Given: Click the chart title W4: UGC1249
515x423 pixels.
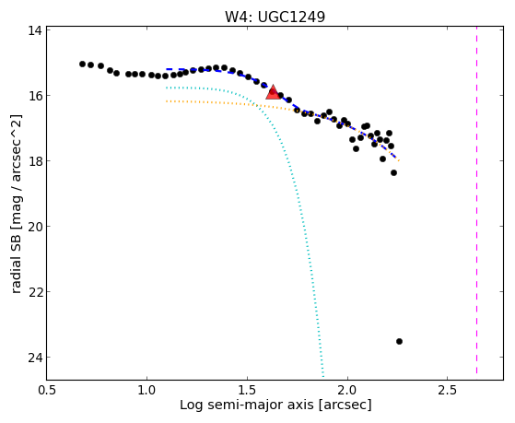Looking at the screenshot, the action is (275, 17).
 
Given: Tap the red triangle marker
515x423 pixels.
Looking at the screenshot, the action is (273, 92).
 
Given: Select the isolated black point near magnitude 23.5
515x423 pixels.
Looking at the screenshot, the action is (399, 342).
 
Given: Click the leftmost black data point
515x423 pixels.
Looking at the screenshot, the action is (82, 64).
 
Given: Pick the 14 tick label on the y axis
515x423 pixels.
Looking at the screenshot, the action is (34, 30).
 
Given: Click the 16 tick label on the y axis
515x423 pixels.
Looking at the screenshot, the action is (34, 96).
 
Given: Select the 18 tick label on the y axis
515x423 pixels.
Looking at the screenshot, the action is (34, 161).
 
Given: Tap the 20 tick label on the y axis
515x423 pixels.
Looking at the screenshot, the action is (34, 227).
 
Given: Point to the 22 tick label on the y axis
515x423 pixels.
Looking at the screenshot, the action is (34, 292).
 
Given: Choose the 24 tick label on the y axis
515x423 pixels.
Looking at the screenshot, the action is (34, 358).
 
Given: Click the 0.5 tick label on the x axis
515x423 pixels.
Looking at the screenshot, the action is (47, 390).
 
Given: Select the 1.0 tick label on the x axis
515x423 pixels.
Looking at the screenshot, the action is (146, 390).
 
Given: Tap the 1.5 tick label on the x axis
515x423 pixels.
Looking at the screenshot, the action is (247, 390).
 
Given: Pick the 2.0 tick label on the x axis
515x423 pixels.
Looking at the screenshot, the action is (347, 390).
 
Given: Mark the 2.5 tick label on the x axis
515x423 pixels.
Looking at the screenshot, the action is (448, 390).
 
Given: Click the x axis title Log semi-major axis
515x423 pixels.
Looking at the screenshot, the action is (246, 405).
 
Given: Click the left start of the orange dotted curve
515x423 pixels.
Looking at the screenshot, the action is (167, 101).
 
